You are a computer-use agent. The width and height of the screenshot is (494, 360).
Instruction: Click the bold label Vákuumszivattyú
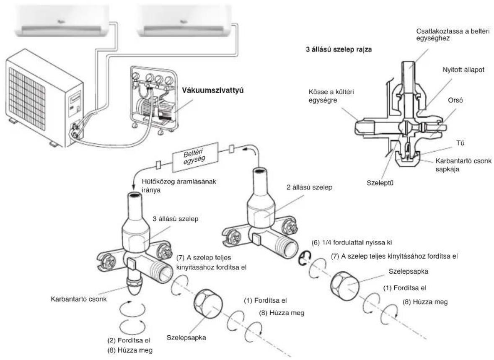coord(213,91)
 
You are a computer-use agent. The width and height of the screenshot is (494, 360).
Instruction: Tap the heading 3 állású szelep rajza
coord(339,49)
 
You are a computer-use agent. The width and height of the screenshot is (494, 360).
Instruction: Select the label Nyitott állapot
coord(463,70)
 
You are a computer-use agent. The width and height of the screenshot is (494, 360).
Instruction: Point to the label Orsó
coord(455,100)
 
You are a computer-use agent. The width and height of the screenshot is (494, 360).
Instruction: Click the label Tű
coord(460,143)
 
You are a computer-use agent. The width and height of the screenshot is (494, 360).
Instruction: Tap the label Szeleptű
coord(380,183)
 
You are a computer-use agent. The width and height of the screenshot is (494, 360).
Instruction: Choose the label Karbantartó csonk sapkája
coord(463,165)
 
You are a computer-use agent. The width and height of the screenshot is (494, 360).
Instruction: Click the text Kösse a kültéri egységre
coord(331,96)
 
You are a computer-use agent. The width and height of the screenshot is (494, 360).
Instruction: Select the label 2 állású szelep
coord(309,187)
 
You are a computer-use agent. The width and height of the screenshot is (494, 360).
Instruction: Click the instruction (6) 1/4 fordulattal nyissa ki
coord(352,242)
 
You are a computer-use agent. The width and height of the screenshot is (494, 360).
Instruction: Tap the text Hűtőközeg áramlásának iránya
coord(179,186)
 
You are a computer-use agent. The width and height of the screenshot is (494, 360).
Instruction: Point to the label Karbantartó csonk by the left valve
coord(79,299)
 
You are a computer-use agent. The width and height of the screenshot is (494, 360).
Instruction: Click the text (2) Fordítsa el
coord(129,340)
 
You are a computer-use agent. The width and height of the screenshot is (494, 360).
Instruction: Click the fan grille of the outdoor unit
coord(27,99)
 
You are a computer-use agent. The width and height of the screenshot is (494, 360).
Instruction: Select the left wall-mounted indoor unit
coord(63,21)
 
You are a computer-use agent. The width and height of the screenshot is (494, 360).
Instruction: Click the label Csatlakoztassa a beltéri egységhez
coord(453,35)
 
